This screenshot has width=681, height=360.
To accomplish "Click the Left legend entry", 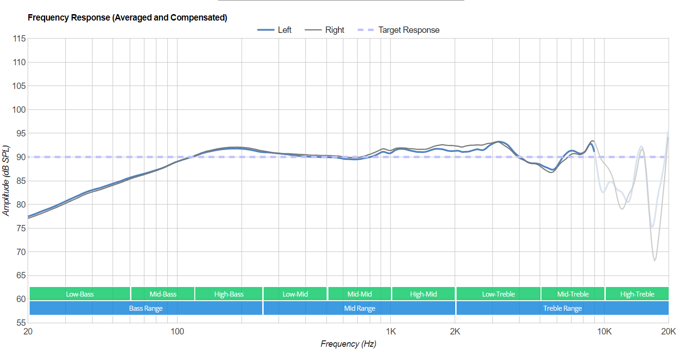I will point(275,30).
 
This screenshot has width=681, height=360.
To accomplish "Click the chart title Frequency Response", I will point(127,18).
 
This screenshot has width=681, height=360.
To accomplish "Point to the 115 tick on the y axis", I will point(19,39).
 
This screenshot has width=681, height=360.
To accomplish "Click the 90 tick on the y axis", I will point(21,157).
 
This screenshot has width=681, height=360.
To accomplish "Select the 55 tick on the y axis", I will point(21,323).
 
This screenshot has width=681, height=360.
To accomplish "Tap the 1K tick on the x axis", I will point(390,332).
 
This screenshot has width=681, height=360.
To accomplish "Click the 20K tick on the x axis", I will point(668,332).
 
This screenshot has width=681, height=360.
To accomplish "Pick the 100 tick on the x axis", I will point(177,332).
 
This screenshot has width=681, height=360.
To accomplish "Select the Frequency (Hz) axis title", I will point(348,344).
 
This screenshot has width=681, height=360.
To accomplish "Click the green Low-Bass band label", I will point(80,294).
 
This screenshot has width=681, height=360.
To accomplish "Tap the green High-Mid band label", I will point(423,294).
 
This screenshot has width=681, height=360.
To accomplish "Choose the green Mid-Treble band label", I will point(572,294).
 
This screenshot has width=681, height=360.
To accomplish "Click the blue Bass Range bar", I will point(146,308).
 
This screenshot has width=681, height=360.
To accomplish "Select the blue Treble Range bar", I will point(562,308).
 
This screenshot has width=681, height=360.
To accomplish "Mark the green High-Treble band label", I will point(637,294).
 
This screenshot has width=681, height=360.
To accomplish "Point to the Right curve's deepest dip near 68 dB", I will point(655,260).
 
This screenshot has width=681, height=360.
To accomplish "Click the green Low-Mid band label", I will point(295,294).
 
